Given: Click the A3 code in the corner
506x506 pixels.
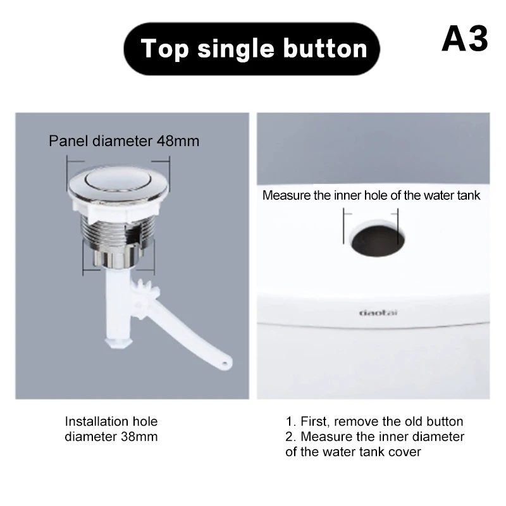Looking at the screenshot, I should tap(465, 39).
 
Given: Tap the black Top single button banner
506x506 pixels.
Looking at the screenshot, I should tap(254, 49).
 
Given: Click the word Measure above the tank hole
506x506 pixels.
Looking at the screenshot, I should tap(285, 195).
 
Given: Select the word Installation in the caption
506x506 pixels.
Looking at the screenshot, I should tap(92, 421).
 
